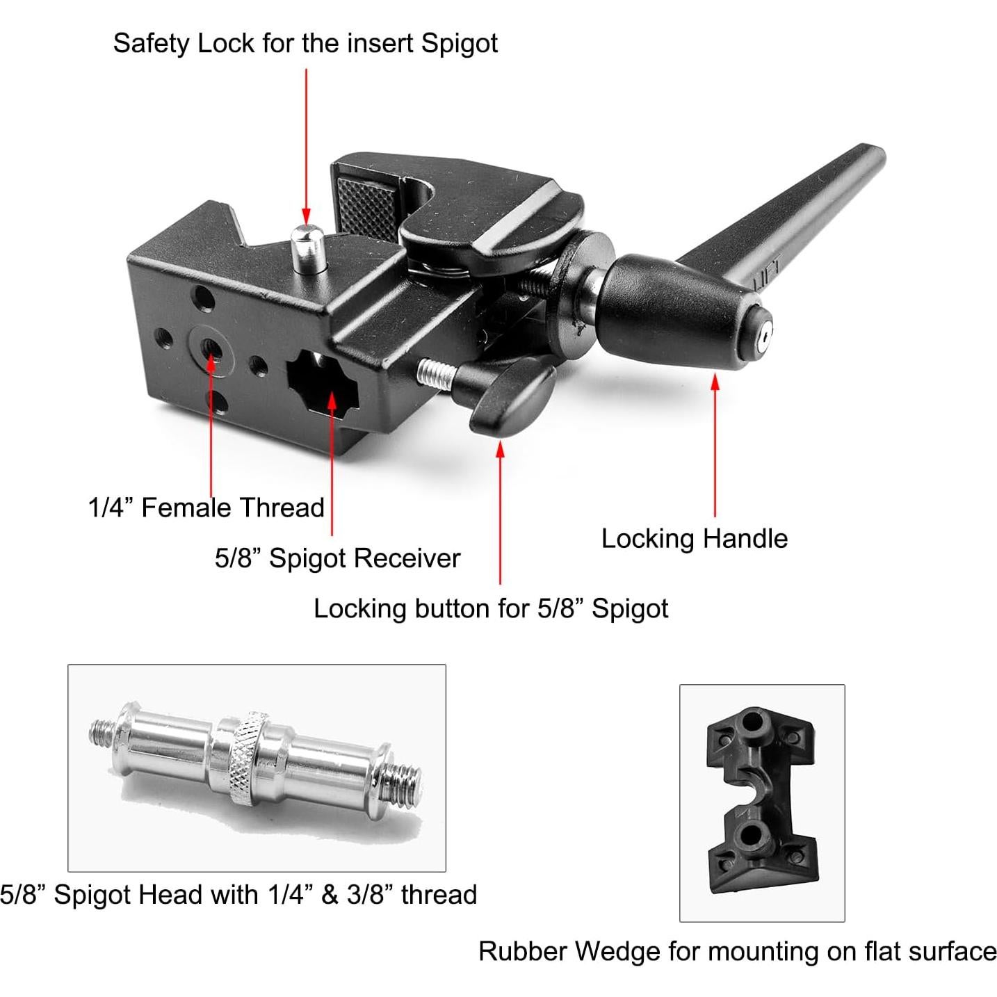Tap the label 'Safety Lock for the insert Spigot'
[x=305, y=43]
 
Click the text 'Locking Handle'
[x=694, y=539]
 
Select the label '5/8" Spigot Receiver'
[x=337, y=558]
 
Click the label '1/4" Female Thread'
[x=206, y=508]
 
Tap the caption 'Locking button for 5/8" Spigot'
[x=491, y=608]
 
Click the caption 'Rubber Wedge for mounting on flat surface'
[x=737, y=951]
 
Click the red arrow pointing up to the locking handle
[x=715, y=445]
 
